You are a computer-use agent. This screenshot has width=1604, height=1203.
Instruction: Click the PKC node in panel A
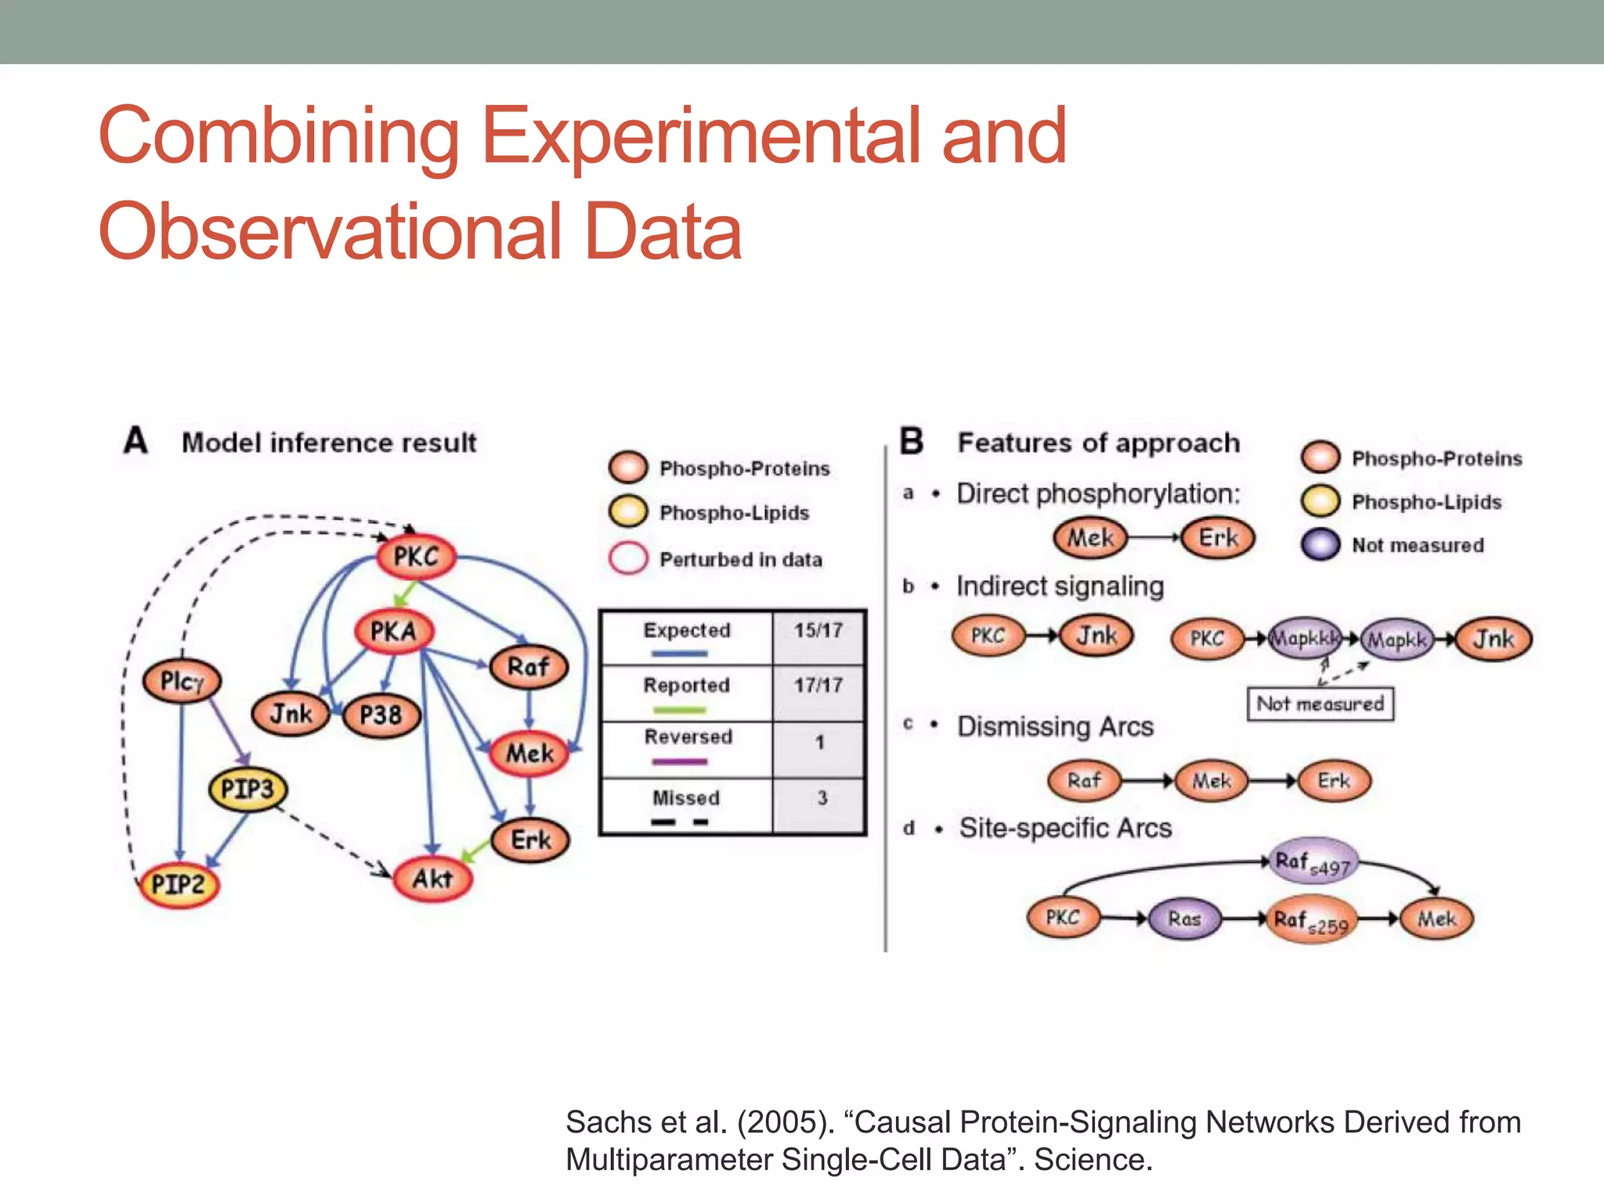[416, 557]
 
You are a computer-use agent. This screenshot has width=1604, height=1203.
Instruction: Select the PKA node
[393, 631]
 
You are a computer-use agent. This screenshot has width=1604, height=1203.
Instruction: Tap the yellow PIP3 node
[247, 789]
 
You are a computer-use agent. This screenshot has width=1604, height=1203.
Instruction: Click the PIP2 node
[179, 885]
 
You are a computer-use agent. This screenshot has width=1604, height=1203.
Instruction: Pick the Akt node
[432, 879]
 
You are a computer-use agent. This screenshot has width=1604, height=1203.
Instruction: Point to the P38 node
[381, 715]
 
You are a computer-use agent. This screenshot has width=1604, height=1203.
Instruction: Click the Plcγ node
[182, 681]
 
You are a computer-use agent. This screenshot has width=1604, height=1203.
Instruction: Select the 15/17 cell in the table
[818, 630]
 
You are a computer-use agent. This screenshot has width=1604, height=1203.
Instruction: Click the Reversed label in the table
[688, 737]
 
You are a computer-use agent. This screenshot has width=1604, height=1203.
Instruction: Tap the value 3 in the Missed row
[822, 798]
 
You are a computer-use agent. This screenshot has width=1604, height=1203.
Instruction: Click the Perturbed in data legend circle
[628, 559]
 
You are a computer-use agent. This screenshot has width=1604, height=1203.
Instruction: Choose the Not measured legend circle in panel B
[1320, 545]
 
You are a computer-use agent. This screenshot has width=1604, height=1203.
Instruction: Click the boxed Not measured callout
[1320, 703]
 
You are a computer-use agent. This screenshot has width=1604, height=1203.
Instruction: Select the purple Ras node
[1184, 919]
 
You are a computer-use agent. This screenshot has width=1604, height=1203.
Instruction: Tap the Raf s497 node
[1312, 862]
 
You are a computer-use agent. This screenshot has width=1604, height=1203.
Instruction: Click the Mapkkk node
[1304, 638]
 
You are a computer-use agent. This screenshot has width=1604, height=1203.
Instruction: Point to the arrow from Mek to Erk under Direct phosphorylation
[1153, 537]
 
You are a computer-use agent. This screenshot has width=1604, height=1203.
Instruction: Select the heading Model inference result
[329, 443]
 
